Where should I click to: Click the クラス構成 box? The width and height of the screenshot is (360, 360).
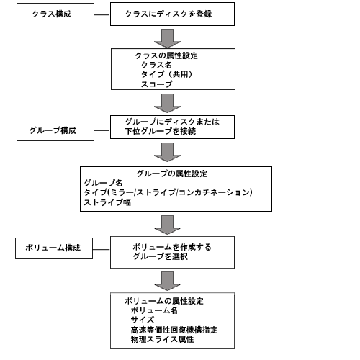pos(55,14)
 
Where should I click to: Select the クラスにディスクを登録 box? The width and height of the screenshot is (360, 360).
pos(172,14)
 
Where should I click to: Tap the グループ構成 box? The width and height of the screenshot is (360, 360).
pos(55,130)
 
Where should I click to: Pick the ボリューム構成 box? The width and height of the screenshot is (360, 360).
pos(54,248)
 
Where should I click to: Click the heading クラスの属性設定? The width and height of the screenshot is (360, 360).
pos(166,55)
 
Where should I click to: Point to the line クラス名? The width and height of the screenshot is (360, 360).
pos(156,65)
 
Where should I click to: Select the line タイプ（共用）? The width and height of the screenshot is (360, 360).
pos(166,74)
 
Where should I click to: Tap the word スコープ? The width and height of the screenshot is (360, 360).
pos(156,84)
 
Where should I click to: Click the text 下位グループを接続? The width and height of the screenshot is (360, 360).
pos(161,131)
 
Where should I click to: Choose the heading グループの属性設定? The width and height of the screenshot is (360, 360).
pos(171,174)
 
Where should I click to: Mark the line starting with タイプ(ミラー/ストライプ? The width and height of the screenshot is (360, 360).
pos(168,192)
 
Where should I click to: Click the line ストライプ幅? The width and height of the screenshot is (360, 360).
pos(107,202)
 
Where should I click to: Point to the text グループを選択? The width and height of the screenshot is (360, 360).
pos(160,256)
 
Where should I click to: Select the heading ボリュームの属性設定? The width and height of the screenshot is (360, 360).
pos(164,301)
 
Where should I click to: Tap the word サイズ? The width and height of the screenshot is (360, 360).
pos(143,320)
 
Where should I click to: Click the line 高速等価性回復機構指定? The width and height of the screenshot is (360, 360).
pos(174,330)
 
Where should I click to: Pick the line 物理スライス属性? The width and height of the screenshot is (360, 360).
pos(162,339)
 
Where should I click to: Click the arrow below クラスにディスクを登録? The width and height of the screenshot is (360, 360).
pos(167,38)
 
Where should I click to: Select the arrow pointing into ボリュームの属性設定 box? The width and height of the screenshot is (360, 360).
pos(167,281)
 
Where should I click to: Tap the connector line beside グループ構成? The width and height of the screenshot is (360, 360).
pos(102,130)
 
